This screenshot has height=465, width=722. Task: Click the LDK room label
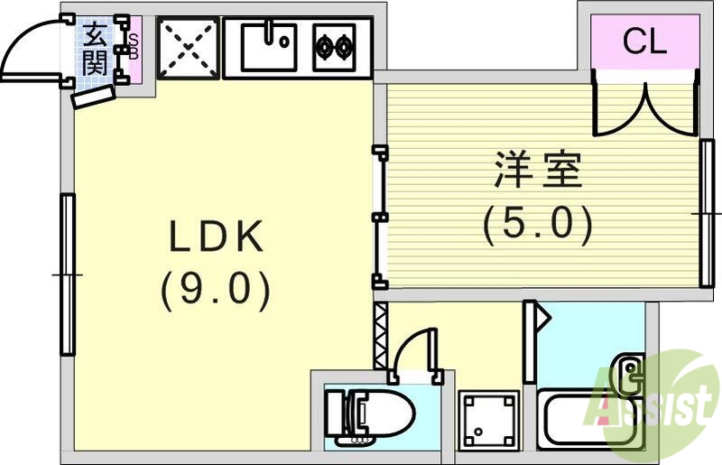[x=217, y=237]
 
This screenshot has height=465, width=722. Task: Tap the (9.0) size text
[x=217, y=292]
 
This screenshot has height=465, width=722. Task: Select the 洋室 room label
[x=538, y=171]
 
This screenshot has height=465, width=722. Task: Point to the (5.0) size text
[x=538, y=223]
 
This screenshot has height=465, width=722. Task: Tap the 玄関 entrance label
[x=94, y=50]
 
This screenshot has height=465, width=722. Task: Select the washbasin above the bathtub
[x=629, y=370]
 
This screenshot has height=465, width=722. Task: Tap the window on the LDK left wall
[x=67, y=274]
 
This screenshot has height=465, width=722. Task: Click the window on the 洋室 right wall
[x=706, y=213]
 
